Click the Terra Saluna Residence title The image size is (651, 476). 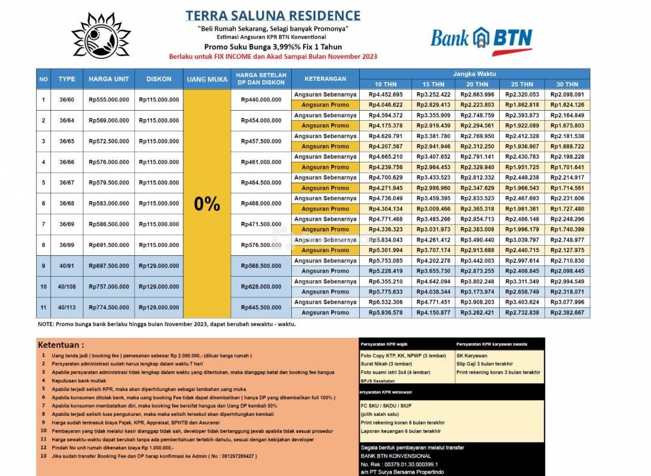(x=273, y=15)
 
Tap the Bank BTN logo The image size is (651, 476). (x=481, y=39)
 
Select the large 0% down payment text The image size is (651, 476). (x=207, y=204)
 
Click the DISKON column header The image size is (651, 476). (x=159, y=79)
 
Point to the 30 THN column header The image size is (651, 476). (x=568, y=84)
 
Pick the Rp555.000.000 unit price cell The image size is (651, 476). (x=108, y=99)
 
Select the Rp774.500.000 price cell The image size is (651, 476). (x=108, y=308)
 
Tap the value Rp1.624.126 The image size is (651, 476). (x=568, y=105)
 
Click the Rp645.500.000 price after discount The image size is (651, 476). (x=261, y=308)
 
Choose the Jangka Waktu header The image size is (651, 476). (x=475, y=74)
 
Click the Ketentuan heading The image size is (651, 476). (x=61, y=345)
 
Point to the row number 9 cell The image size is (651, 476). (x=43, y=266)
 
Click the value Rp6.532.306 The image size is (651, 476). (x=385, y=302)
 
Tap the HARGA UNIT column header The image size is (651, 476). (x=108, y=79)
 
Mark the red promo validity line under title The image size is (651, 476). (x=273, y=56)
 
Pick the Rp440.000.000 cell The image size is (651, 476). (x=261, y=99)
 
